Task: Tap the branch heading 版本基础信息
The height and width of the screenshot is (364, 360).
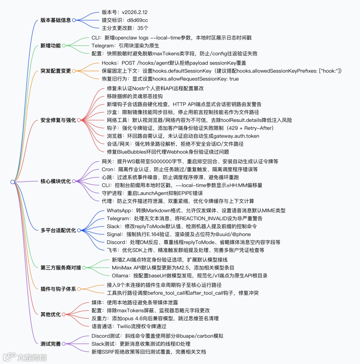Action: click(56, 20)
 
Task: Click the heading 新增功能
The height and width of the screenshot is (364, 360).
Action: click(51, 46)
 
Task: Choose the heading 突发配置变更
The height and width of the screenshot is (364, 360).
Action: click(56, 71)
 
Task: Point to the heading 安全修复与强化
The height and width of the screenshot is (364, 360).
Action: click(58, 120)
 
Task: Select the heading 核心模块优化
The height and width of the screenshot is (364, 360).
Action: click(56, 182)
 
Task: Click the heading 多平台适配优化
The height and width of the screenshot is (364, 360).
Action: click(58, 230)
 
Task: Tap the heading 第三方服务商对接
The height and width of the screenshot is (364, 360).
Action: click(61, 267)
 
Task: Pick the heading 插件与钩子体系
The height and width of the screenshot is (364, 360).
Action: click(58, 289)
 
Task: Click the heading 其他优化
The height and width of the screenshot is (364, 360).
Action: click(51, 314)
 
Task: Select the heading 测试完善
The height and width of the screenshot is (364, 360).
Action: click(51, 344)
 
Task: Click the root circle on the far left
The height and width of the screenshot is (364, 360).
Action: click(12, 182)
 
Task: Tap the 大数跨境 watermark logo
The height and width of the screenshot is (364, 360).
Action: click(25, 357)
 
